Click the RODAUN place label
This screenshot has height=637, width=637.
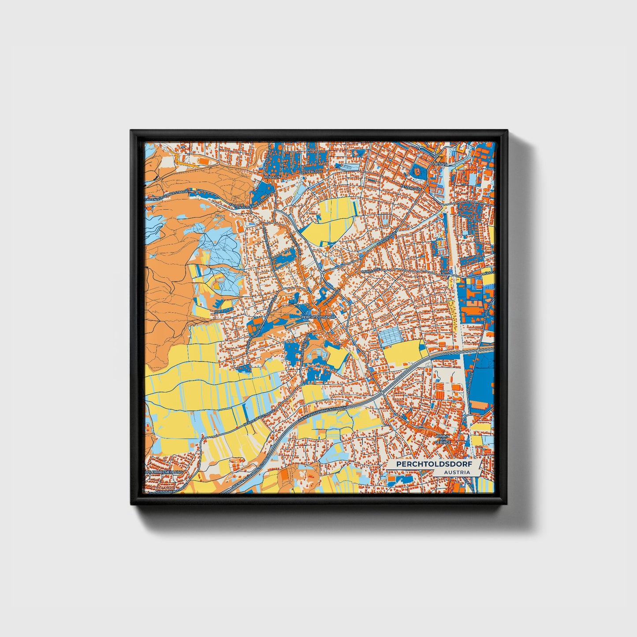click(x=272, y=176)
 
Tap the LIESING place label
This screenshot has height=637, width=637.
click(x=440, y=164)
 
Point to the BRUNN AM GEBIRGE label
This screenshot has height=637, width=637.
click(x=442, y=439)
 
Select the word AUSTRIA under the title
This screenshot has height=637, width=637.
click(x=457, y=472)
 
